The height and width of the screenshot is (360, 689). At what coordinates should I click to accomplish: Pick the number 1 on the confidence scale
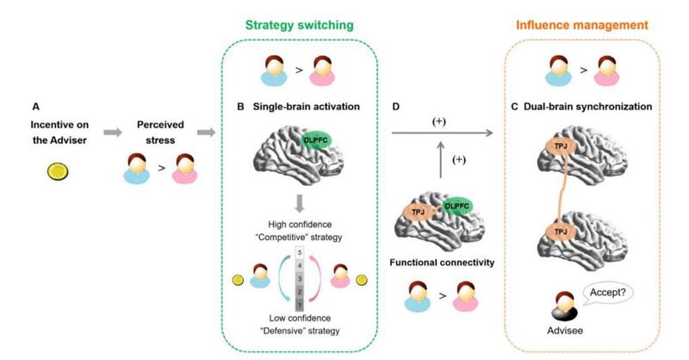coord(297,305)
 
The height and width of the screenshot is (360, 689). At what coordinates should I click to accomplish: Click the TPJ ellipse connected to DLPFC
coord(418,212)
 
